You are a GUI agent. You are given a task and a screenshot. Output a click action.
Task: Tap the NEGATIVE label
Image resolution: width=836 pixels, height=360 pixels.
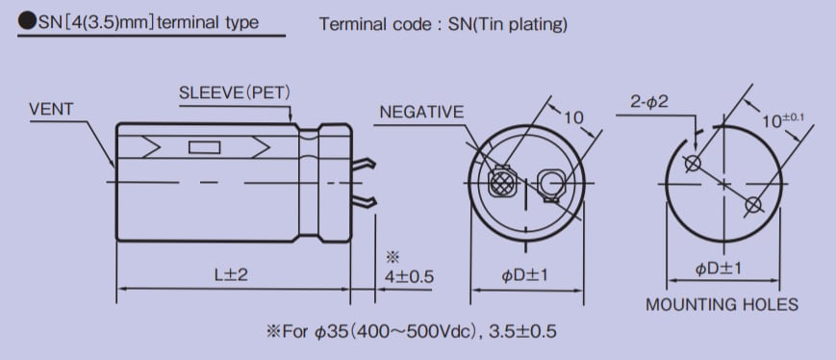421,112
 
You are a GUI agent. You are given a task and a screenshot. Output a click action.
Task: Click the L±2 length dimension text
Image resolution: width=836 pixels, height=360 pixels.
231,275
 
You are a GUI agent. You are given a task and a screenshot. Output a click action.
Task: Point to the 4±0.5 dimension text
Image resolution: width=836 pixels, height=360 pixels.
409,276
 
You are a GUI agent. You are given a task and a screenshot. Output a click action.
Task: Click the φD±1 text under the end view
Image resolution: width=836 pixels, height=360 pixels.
524,276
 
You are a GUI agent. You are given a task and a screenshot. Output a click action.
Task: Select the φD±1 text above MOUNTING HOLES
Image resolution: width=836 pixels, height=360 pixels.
720,269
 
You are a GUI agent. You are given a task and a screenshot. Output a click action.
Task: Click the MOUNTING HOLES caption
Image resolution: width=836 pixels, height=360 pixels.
722,305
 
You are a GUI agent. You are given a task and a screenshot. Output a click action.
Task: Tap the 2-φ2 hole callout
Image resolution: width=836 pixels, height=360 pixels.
651,101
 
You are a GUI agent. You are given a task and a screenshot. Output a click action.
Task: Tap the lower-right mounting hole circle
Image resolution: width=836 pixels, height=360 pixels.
753,204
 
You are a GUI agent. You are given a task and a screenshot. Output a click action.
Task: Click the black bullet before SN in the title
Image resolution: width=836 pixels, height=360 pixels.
26,22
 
